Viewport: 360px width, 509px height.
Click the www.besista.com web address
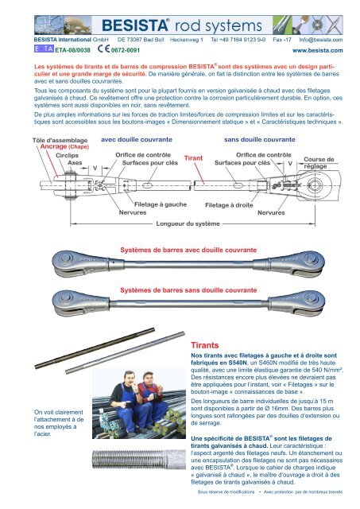point(318,50)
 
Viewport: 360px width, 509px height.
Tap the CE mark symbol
point(104,49)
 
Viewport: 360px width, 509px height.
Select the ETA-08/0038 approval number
point(72,50)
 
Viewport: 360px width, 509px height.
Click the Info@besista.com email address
point(321,40)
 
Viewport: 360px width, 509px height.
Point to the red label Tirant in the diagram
point(193,158)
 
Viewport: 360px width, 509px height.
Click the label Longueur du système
point(188,223)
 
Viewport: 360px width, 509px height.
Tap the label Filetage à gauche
point(161,204)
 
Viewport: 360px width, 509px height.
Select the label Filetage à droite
point(229,205)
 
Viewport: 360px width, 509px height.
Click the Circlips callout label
point(67,156)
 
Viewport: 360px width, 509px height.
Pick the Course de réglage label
point(319,162)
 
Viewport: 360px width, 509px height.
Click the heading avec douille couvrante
point(137,140)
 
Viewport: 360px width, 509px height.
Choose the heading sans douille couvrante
point(260,140)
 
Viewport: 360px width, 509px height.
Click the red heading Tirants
point(205,345)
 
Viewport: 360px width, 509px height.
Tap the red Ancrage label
point(53,146)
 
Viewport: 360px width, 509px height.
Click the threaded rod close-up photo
point(139,459)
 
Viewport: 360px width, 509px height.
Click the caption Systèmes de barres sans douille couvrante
point(188,290)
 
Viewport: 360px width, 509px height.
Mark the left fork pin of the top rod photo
point(66,258)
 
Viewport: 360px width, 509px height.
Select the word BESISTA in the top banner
point(134,25)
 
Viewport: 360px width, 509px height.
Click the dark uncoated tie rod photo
point(95,348)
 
